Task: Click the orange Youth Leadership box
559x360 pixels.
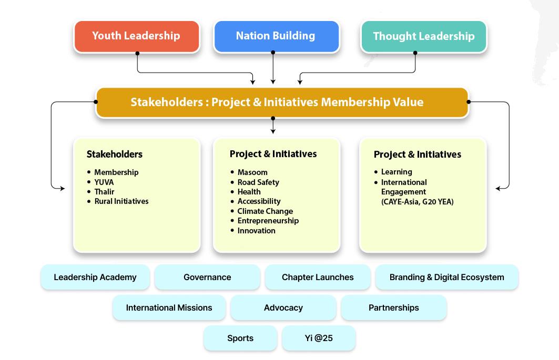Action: pos(136,36)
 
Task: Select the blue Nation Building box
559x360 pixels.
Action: pos(276,36)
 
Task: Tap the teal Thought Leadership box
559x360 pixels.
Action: pos(423,36)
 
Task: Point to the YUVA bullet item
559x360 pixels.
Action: pos(104,182)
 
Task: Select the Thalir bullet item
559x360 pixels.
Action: pos(104,191)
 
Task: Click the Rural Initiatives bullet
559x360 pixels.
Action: pos(121,201)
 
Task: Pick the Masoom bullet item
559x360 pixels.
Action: pos(252,172)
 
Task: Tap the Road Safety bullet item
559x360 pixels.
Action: pos(258,182)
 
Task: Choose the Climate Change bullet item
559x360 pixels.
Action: pos(265,211)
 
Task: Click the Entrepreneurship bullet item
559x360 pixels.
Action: pos(268,221)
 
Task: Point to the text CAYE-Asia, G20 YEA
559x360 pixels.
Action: pos(417,201)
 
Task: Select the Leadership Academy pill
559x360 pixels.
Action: pos(95,277)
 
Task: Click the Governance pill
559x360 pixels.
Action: pos(207,277)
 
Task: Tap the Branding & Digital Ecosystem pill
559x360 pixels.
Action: pos(446,277)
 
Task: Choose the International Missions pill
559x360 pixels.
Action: pos(169,307)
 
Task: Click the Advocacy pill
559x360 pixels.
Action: pos(283,307)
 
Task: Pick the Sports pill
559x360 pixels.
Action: pos(240,338)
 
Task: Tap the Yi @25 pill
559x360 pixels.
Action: pos(319,338)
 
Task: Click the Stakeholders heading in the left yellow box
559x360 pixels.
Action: pos(115,155)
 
